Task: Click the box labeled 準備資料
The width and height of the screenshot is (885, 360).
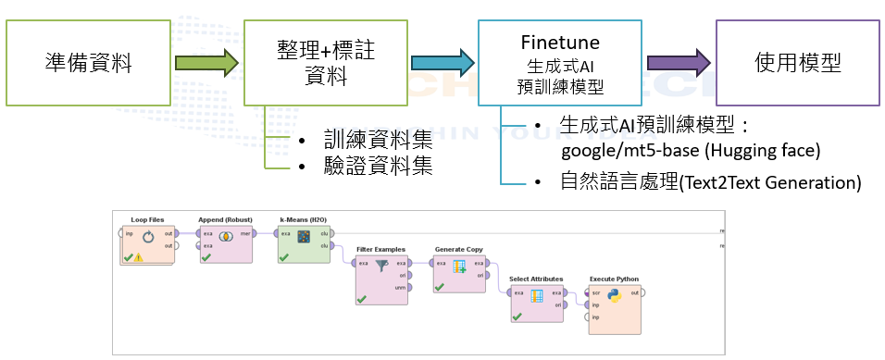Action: (x=88, y=63)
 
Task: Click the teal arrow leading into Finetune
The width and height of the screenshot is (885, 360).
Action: (x=443, y=64)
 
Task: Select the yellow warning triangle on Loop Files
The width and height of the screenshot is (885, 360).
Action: (x=139, y=257)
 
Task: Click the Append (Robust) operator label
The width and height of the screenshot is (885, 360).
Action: (x=225, y=219)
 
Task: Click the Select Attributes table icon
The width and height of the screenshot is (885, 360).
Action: (x=536, y=296)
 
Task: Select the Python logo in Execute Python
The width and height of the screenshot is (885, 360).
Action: (x=614, y=296)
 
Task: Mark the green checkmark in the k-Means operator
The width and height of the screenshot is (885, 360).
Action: (x=284, y=256)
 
